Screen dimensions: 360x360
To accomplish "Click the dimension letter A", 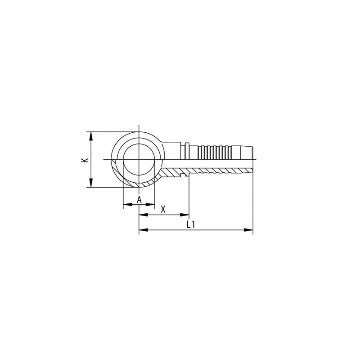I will [x=139, y=199].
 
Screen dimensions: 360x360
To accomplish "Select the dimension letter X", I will [x=163, y=209].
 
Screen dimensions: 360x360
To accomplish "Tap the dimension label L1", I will [x=191, y=225].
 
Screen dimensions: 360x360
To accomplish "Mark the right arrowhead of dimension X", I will [x=186, y=214].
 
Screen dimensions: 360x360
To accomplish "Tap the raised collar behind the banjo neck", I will [x=186, y=151].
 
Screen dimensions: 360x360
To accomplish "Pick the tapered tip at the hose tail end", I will [x=248, y=153].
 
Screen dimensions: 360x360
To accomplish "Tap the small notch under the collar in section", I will [x=186, y=175].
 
